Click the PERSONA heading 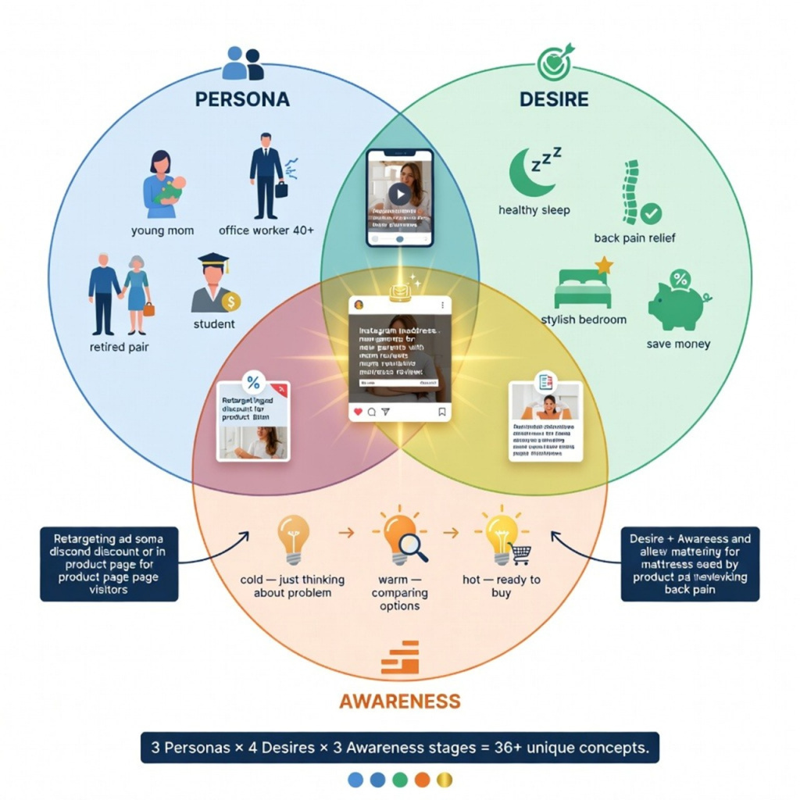pyautogui.click(x=242, y=99)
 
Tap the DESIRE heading pyautogui.click(x=554, y=99)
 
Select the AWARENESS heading pyautogui.click(x=399, y=700)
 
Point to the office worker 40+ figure pyautogui.click(x=266, y=176)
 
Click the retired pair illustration pyautogui.click(x=119, y=294)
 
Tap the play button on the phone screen pyautogui.click(x=399, y=195)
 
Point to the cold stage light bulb pyautogui.click(x=291, y=540)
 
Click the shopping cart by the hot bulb pyautogui.click(x=520, y=554)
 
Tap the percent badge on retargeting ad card pyautogui.click(x=253, y=383)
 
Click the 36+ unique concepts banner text pyautogui.click(x=399, y=747)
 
